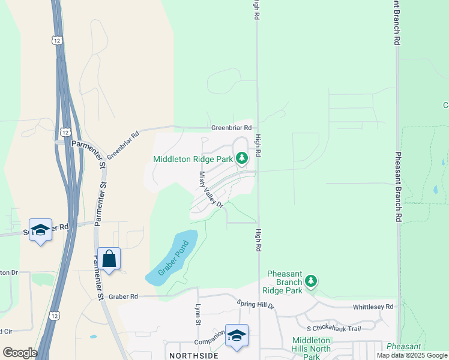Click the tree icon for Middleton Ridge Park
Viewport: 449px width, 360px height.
[x=242, y=158]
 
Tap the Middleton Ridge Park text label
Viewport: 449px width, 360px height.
[x=193, y=160]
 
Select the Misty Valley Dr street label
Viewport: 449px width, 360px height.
[x=211, y=189]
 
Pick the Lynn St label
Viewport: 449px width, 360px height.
[x=197, y=314]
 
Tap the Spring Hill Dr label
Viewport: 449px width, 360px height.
[x=255, y=305]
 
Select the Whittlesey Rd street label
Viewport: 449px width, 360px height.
[x=373, y=307]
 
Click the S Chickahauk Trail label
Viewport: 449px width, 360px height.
[x=333, y=328]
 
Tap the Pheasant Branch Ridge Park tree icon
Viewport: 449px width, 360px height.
[x=311, y=280]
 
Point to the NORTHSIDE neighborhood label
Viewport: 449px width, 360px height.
[x=193, y=356]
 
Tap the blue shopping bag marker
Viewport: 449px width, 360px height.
[x=109, y=259]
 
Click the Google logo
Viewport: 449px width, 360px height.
[x=20, y=353]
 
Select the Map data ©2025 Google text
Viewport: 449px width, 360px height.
[x=412, y=355]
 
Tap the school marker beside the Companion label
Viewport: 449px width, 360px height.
[x=237, y=335]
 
